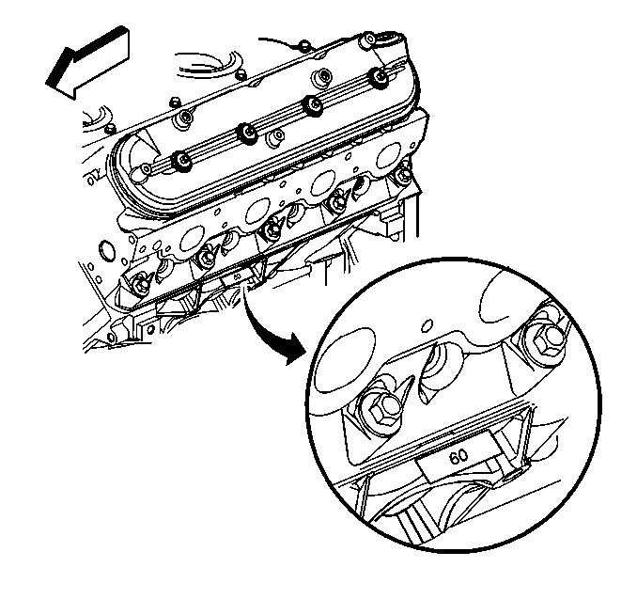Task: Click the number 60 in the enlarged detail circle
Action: coord(458,457)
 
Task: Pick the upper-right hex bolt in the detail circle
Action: coord(547,336)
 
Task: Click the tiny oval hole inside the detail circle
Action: coord(427,325)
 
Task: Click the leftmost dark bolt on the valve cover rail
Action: coord(182,162)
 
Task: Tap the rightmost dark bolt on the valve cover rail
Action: coord(380,77)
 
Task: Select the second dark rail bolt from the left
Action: coord(248,134)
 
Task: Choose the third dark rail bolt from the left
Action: coord(313,105)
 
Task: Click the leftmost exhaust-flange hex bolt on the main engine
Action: coord(141,282)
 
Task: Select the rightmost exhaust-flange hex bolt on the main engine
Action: coord(403,175)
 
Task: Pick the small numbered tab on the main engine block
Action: coord(238,278)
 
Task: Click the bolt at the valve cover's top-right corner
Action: coord(369,39)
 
